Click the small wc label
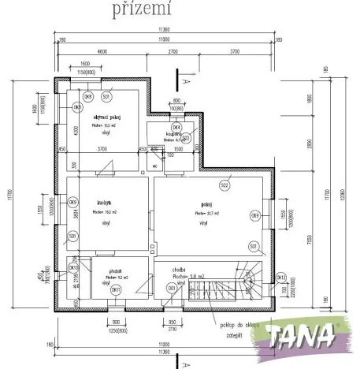[x=156, y=166]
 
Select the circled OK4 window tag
[x=176, y=126]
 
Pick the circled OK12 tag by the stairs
[x=280, y=277]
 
